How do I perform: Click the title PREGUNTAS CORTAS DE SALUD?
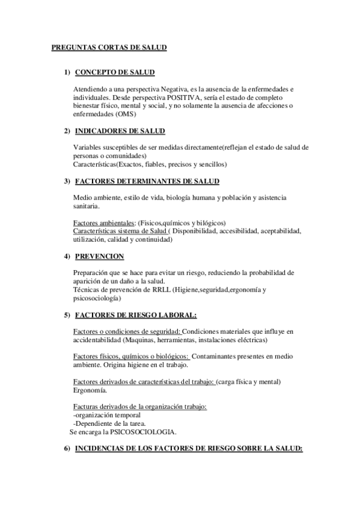tap(109, 47)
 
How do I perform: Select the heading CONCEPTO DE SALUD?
tap(115, 73)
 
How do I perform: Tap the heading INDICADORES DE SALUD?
tap(120, 131)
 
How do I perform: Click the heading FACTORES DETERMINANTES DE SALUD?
tap(147, 182)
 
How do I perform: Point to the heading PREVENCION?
tap(99, 256)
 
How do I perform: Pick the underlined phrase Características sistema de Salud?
tap(119, 231)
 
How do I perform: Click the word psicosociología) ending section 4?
tap(97, 298)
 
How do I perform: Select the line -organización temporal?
tap(107, 415)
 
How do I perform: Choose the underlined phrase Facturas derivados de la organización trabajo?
tap(139, 407)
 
